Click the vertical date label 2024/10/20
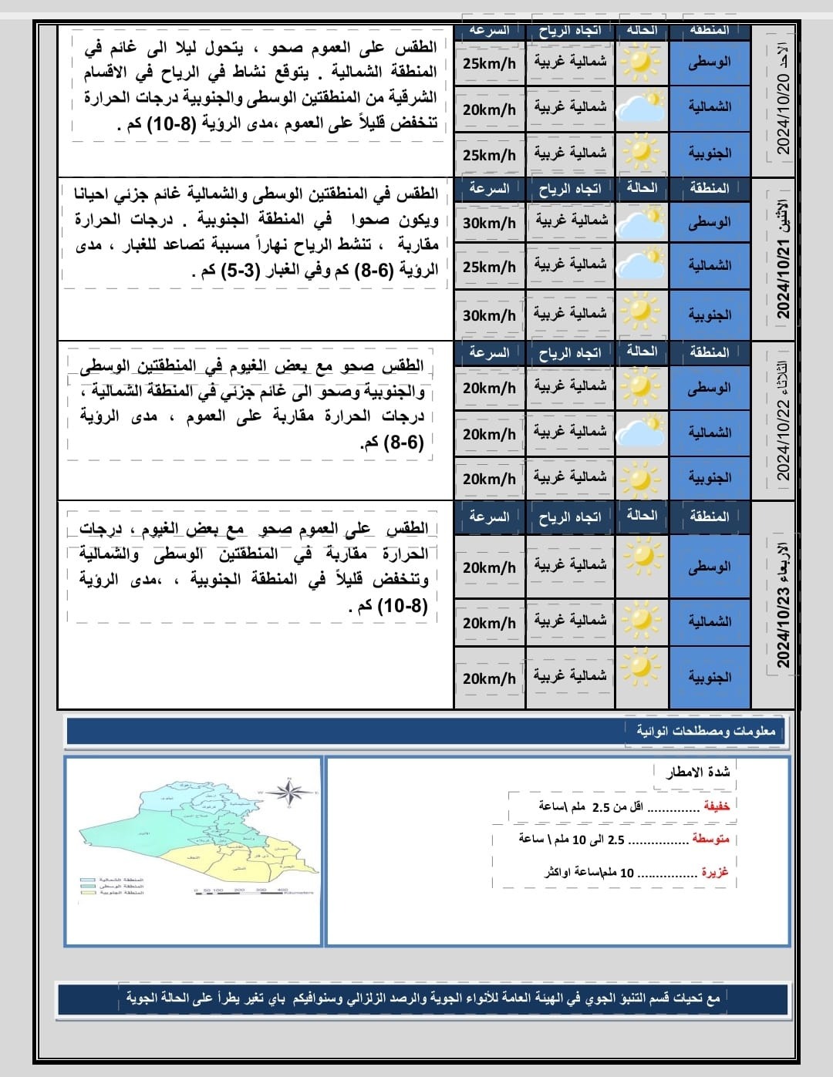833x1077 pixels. (x=784, y=103)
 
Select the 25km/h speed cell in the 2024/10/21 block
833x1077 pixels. (x=489, y=267)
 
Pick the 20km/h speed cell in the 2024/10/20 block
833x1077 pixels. (x=489, y=109)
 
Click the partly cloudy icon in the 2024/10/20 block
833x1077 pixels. (x=642, y=108)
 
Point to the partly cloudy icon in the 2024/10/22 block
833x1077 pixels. (x=642, y=432)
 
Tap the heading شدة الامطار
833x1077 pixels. (x=697, y=772)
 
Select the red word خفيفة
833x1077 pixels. (x=716, y=806)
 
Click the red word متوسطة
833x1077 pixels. (x=710, y=839)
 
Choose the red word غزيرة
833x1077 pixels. (x=714, y=872)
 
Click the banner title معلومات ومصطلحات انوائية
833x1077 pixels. (x=705, y=731)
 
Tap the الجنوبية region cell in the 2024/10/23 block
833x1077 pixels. (x=710, y=678)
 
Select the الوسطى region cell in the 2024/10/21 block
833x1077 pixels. (x=710, y=222)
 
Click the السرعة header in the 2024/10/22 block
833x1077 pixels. (x=489, y=353)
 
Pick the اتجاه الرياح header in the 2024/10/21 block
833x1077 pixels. (x=570, y=189)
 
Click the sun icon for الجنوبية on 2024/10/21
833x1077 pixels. (x=641, y=312)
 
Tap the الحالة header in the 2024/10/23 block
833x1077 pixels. (x=642, y=515)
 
